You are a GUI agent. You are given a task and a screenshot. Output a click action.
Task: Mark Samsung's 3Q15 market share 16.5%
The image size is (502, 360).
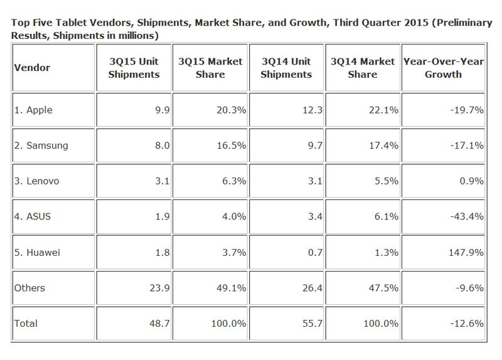point(230,146)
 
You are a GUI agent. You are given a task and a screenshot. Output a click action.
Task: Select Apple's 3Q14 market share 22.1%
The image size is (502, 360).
point(382,110)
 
